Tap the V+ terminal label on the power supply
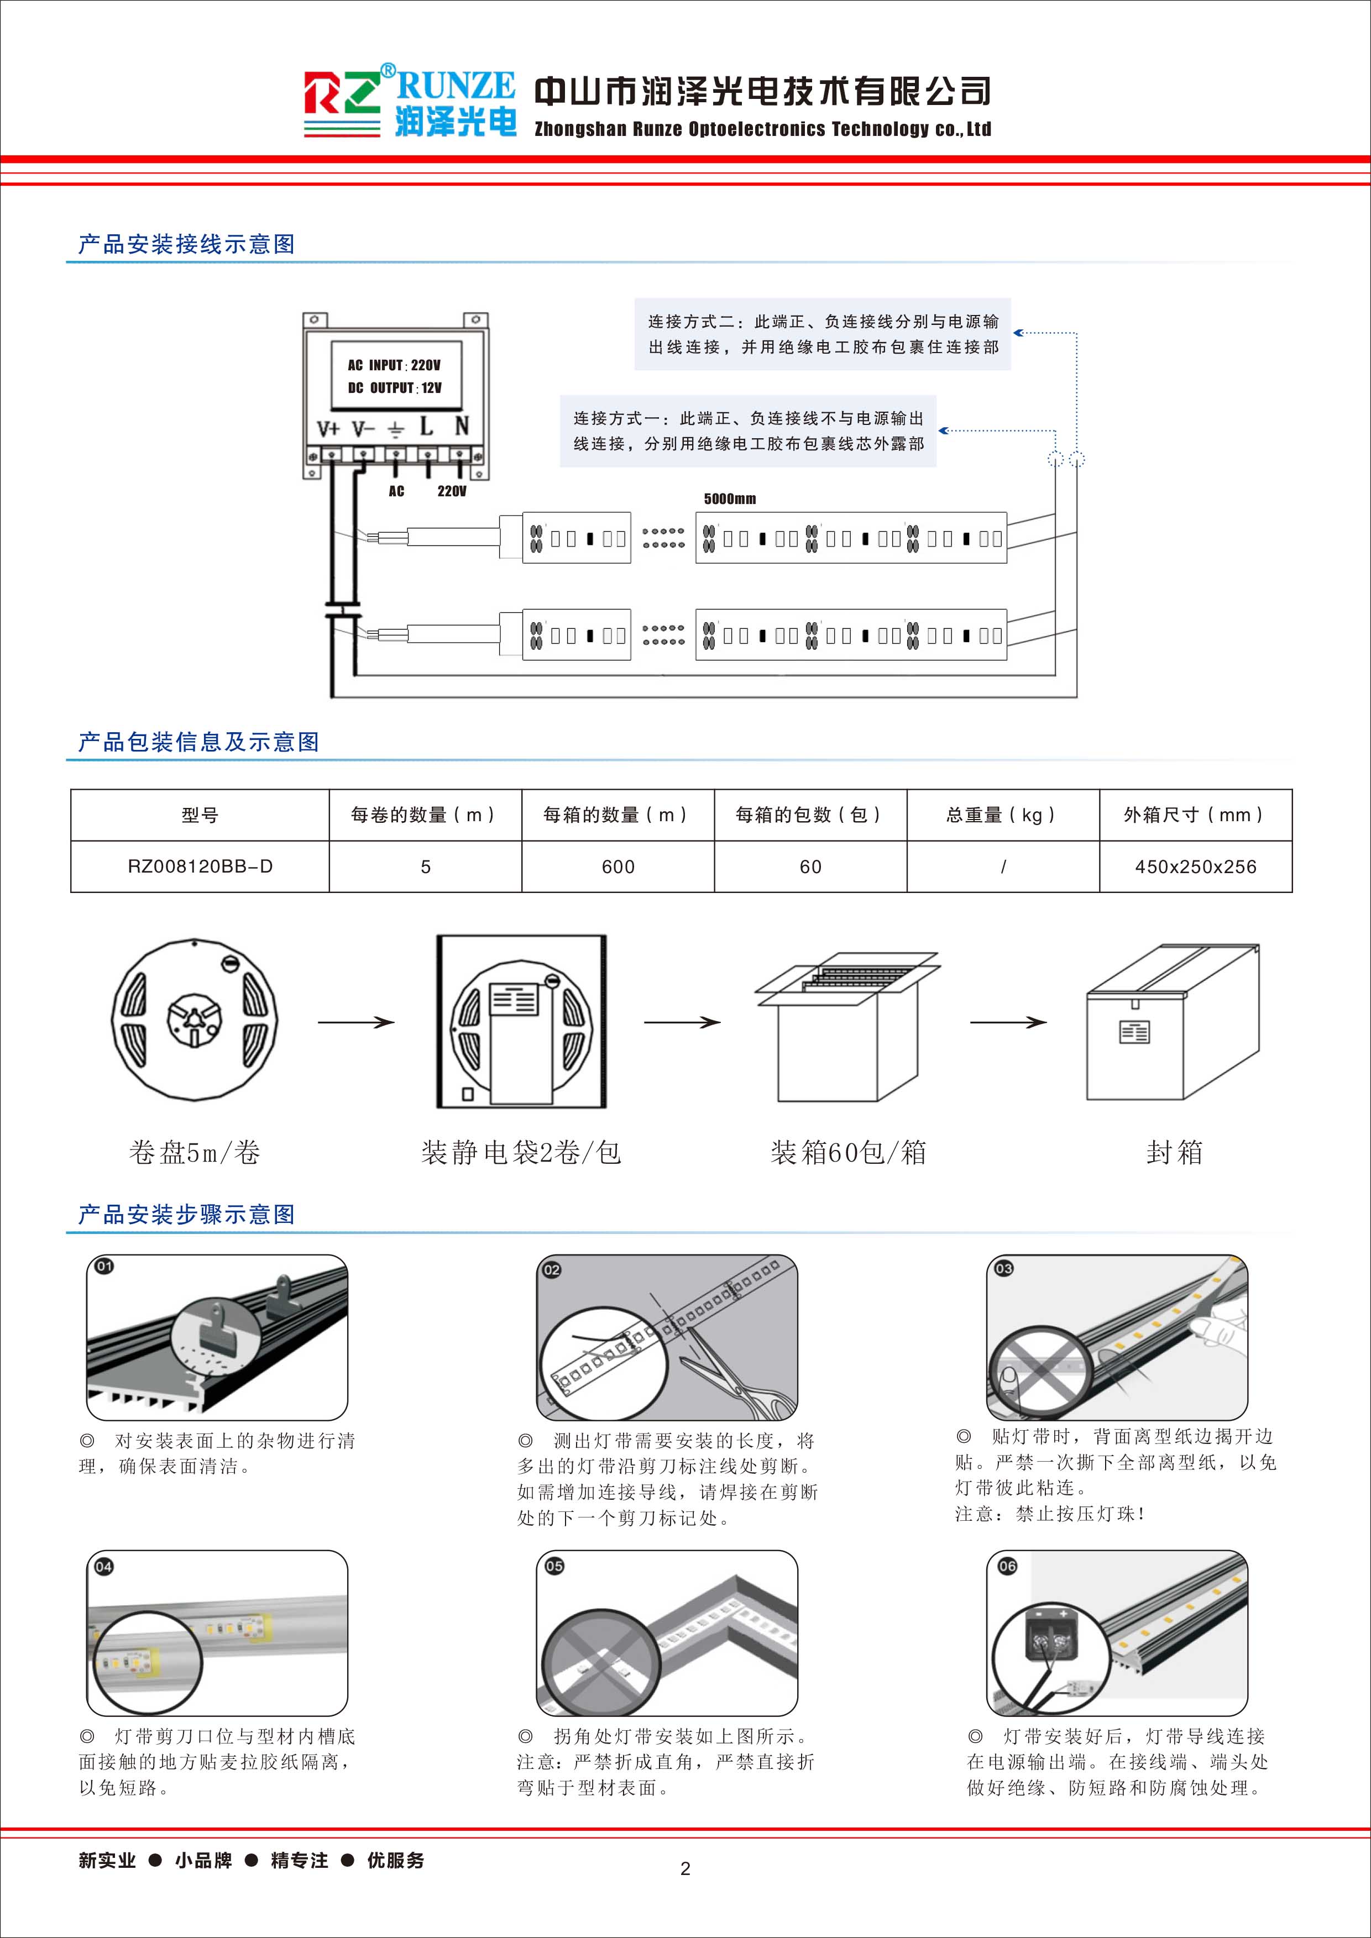coord(328,429)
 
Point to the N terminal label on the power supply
coord(461,426)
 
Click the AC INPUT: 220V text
coord(394,365)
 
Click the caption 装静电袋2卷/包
coord(521,1153)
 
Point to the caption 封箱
coord(1174,1153)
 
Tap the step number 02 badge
coord(551,1269)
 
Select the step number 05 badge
coord(554,1566)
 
